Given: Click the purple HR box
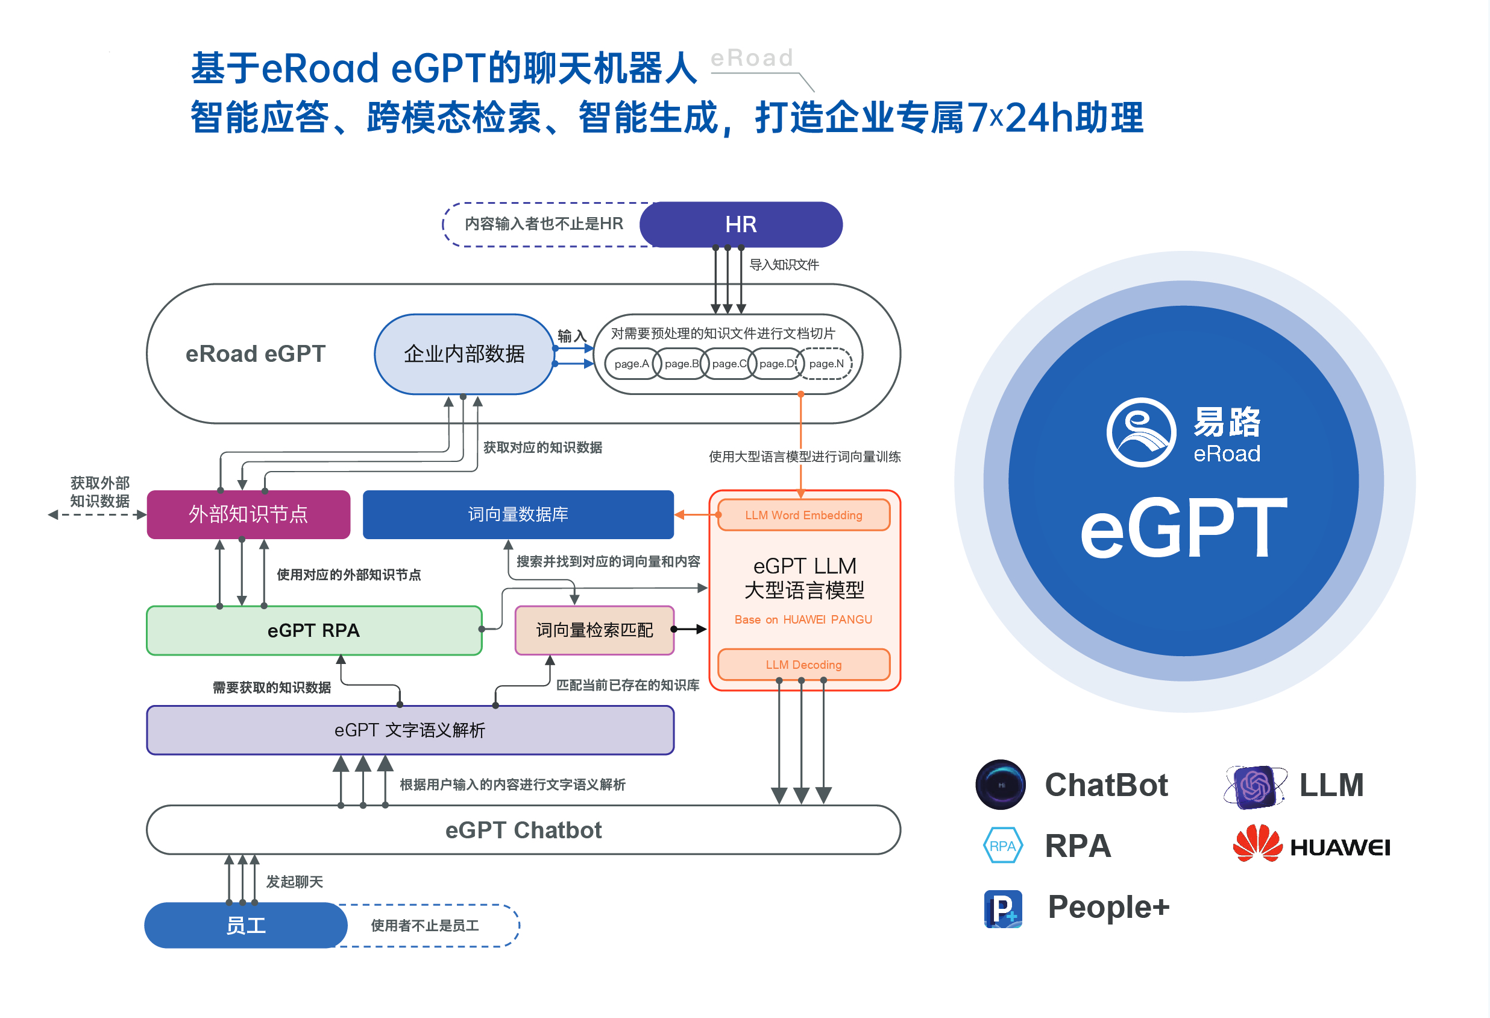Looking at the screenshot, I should pos(741,224).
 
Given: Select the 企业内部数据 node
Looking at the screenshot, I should pos(464,354).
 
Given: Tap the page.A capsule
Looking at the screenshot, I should pos(632,364).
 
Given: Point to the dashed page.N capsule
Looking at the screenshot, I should pos(826,364).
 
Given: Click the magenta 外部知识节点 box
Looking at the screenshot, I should pos(248,514).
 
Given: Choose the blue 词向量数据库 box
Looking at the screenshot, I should pos(518,514).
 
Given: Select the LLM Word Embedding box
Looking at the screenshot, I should pos(803,515).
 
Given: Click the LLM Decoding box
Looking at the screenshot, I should pos(803,665).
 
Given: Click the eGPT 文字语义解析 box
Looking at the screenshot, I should pos(410,730).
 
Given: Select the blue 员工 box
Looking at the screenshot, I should pos(245,925).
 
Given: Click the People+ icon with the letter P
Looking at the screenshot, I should pos(1003,908).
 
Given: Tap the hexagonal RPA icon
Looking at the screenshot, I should pos(1003,846).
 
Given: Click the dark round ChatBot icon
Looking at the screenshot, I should pos(1000,785).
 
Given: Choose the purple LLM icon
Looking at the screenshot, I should pos(1255,786).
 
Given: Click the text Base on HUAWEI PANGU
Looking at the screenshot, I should pos(803,619).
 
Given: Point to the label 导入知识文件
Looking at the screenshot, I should pos(784,265).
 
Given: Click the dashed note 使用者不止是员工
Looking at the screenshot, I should pos(424,926).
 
